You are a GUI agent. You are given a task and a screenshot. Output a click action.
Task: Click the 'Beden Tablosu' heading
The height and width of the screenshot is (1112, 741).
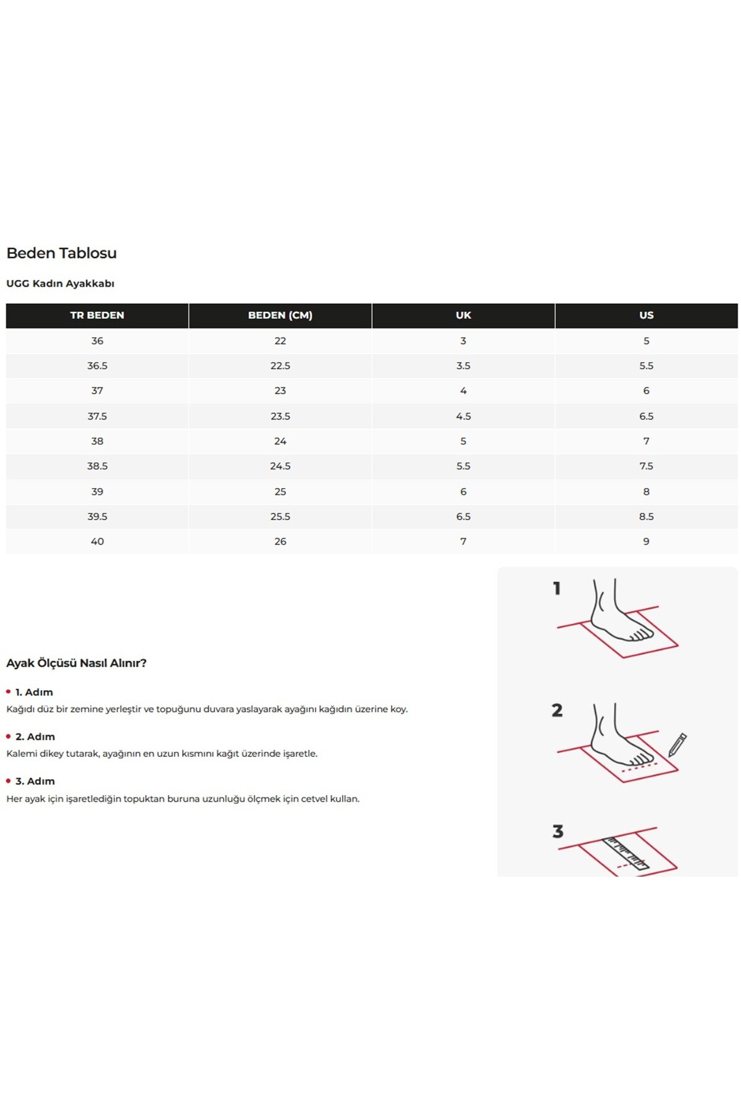[x=61, y=253]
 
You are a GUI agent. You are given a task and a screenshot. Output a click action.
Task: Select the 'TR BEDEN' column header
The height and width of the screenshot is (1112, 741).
[x=97, y=315]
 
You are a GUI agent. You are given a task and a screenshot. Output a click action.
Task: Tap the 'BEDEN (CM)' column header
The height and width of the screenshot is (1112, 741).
[x=280, y=315]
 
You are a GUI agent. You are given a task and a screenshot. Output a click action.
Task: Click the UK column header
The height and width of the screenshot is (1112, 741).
[x=463, y=315]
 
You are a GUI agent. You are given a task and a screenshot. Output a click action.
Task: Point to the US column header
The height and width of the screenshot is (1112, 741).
[x=647, y=315]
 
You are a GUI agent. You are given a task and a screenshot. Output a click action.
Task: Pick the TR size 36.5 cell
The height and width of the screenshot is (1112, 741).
[x=97, y=366]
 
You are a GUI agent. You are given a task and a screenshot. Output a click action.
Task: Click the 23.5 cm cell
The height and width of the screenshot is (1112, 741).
[x=280, y=416]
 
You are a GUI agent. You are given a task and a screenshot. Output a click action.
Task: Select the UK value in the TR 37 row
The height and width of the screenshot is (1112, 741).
[x=463, y=391]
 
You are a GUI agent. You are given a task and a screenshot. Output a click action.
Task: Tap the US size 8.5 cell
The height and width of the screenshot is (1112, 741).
[x=647, y=516]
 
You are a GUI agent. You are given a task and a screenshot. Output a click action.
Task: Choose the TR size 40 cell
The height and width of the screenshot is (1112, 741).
[x=97, y=542]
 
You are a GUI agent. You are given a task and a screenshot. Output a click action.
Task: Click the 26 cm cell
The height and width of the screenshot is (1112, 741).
[x=280, y=542]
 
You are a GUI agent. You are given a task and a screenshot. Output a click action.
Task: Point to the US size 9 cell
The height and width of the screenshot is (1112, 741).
[x=647, y=542]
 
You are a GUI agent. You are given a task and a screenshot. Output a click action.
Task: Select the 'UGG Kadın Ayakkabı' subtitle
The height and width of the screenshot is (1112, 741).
[x=60, y=284]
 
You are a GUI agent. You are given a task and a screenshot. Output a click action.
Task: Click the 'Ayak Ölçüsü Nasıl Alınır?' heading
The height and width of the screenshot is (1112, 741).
[x=76, y=663]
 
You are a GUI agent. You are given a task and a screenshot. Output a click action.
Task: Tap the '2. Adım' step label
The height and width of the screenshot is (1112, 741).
[x=35, y=736]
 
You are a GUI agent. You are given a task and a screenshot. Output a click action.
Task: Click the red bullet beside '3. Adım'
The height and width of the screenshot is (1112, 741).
[x=8, y=781]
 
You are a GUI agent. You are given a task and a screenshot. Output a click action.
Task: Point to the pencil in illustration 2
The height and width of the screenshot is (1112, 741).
[x=677, y=745]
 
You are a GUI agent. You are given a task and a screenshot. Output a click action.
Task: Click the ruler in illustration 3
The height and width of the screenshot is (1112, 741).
[x=626, y=853]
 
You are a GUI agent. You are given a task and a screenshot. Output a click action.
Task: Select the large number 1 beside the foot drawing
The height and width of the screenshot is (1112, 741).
[x=557, y=588]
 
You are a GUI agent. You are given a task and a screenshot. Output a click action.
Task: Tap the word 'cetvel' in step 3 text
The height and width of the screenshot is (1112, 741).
[x=314, y=799]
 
